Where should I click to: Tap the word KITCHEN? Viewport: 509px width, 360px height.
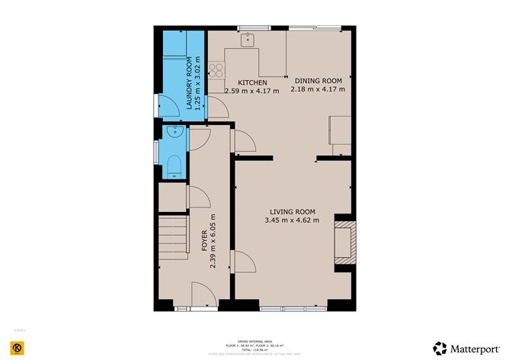pyautogui.click(x=252, y=82)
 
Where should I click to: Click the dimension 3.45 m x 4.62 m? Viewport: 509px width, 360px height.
pyautogui.click(x=292, y=220)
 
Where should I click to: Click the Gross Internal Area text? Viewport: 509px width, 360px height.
pyautogui.click(x=254, y=342)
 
